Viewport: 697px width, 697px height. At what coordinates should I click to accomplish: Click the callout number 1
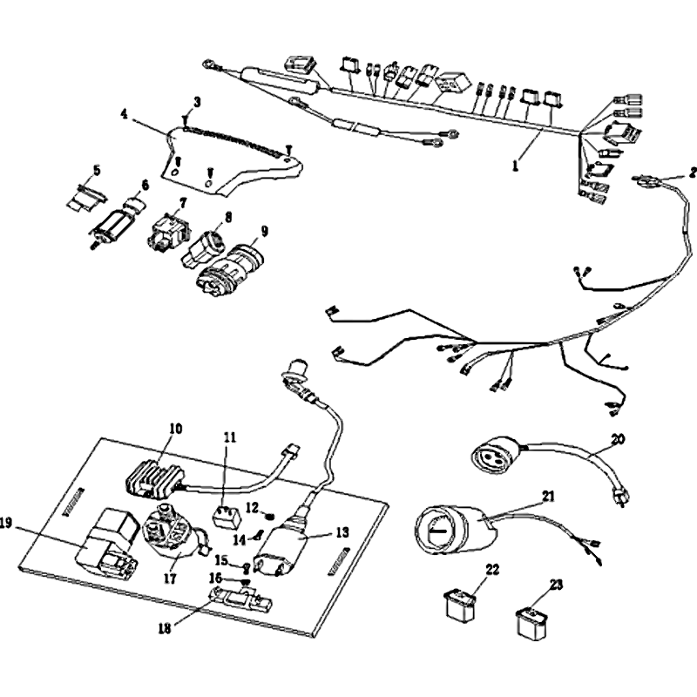pyautogui.click(x=515, y=166)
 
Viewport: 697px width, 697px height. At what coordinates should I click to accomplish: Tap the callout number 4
pyautogui.click(x=124, y=114)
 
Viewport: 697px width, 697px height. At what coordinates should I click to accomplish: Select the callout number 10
pyautogui.click(x=176, y=429)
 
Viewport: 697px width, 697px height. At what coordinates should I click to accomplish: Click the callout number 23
pyautogui.click(x=556, y=585)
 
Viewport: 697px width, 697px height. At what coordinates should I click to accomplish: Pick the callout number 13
pyautogui.click(x=342, y=532)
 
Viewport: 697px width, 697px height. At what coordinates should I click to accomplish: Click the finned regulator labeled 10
pyautogui.click(x=155, y=476)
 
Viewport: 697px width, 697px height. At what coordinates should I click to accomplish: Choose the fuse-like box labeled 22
pyautogui.click(x=460, y=604)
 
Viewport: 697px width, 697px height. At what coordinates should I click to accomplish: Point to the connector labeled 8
pyautogui.click(x=202, y=248)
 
